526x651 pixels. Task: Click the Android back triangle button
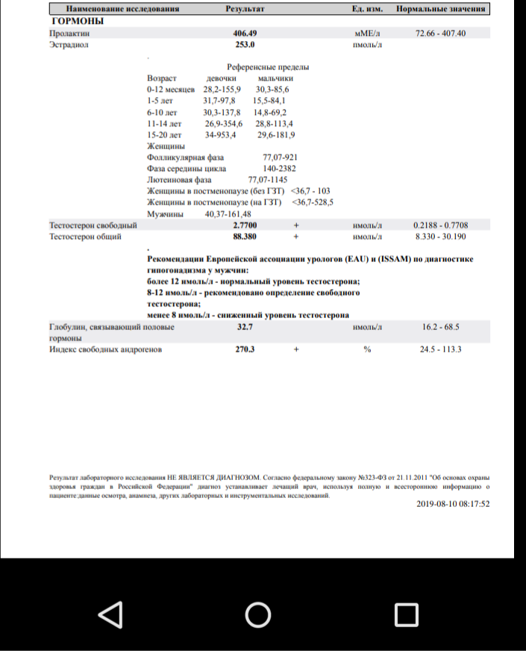pos(110,614)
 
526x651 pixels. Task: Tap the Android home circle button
pos(258,614)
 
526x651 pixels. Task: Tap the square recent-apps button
pos(406,614)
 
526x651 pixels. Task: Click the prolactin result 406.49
pos(245,34)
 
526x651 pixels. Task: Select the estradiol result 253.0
pos(245,45)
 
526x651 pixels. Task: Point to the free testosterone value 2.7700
pos(245,225)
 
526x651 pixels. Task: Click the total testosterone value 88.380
pos(245,236)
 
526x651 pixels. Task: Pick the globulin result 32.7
pos(245,327)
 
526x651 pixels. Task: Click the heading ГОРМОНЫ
pos(76,21)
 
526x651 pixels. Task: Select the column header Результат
pos(245,9)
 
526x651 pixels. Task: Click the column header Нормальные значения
pos(441,9)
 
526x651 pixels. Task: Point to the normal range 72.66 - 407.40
pos(440,34)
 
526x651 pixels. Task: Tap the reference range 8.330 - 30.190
pos(440,236)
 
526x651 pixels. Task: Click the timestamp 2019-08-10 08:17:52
pos(453,504)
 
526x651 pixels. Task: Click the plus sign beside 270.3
pos(295,349)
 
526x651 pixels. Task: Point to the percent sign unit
pos(367,349)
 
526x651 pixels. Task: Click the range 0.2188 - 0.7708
pos(440,225)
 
